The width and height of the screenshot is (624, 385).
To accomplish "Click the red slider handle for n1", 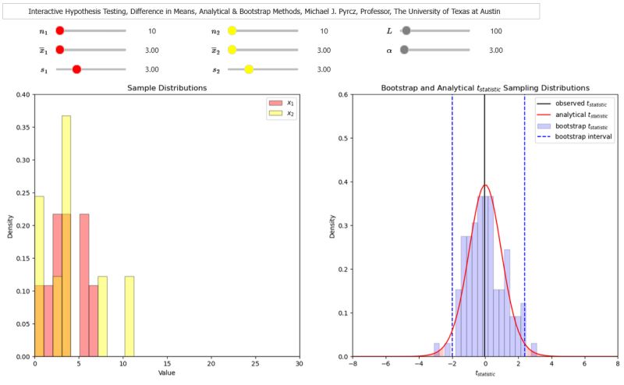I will (60, 31).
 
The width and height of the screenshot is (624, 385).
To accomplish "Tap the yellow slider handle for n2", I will (232, 31).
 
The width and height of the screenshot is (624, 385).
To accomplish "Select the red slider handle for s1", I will (76, 69).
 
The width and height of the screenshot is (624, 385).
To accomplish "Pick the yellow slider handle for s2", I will (249, 69).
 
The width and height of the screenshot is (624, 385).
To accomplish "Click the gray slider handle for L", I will (406, 31).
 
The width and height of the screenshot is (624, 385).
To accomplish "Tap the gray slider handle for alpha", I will (403, 50).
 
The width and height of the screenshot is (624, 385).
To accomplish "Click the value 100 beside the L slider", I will (495, 31).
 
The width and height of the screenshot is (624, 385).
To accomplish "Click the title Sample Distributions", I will (167, 88).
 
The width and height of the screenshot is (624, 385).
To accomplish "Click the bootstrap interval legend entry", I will (573, 136).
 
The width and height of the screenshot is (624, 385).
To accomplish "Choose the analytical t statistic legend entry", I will (573, 114).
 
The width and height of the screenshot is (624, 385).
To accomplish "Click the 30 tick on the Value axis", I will (299, 364).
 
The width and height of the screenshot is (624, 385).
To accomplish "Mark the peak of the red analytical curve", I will (485, 185).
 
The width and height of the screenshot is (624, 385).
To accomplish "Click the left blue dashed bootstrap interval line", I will (452, 234).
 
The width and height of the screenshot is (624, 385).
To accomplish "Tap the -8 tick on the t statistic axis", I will (353, 364).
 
